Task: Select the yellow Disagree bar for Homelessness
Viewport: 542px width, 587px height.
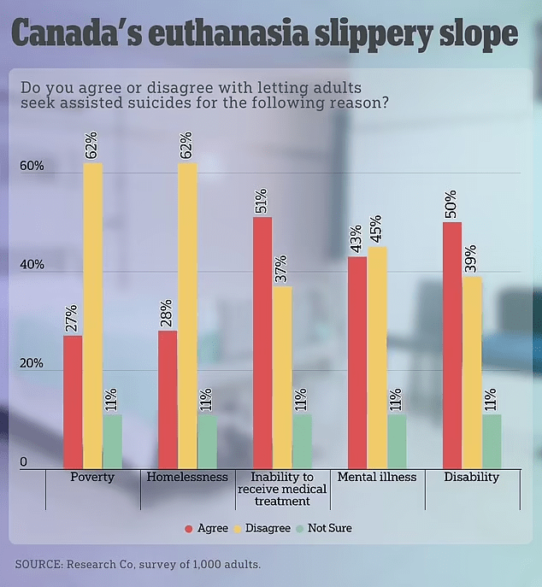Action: (x=187, y=315)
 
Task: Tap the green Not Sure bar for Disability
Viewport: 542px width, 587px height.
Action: (x=491, y=441)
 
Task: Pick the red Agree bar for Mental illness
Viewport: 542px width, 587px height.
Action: (x=356, y=361)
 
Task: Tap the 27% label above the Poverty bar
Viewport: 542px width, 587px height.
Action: (x=73, y=319)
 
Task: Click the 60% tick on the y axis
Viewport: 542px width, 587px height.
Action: (x=32, y=166)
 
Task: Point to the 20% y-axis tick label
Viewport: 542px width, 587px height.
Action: (x=32, y=363)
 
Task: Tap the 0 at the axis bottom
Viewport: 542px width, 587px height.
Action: (x=24, y=462)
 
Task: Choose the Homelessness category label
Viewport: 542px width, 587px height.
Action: (x=187, y=477)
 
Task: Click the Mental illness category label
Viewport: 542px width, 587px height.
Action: (x=377, y=477)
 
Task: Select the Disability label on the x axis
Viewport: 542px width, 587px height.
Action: (x=471, y=477)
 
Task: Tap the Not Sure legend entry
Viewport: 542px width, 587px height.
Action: (x=331, y=528)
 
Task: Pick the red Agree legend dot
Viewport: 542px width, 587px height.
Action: (x=189, y=528)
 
